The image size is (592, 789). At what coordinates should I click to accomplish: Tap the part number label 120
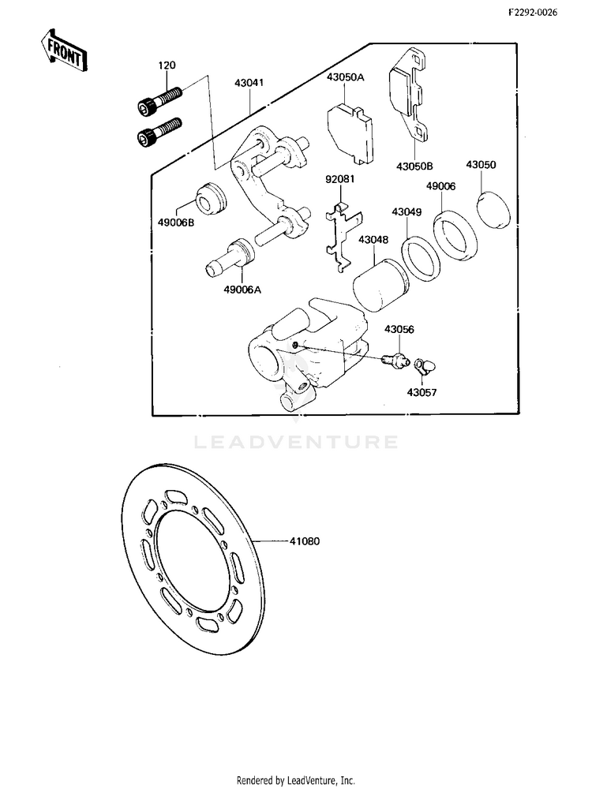[167, 65]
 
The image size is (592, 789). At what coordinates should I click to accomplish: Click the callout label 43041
[249, 83]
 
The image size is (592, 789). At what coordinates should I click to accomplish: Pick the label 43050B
[414, 166]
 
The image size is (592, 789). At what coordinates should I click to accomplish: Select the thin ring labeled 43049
[422, 259]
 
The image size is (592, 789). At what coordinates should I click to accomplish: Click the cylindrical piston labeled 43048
[380, 285]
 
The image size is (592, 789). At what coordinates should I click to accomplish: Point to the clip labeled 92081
[344, 236]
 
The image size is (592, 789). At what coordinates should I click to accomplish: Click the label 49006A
[242, 290]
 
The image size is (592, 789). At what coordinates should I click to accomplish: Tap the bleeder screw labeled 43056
[394, 359]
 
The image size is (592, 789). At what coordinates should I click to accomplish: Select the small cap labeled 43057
[425, 367]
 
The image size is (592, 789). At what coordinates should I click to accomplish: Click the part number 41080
[304, 541]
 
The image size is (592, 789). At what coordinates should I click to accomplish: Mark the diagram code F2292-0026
[533, 13]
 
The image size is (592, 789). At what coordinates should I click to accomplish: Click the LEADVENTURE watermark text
[296, 443]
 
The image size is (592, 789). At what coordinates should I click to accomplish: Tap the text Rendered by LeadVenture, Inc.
[295, 780]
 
